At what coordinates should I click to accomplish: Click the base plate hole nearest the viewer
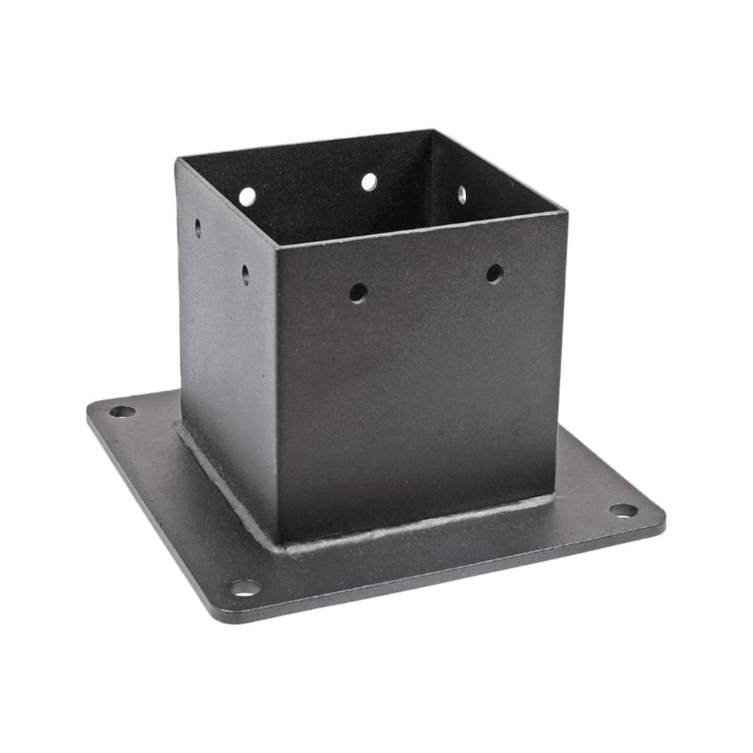coord(245,587)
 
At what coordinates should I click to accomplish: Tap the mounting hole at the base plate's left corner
coord(122,411)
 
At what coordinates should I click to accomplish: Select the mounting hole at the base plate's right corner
coord(623,511)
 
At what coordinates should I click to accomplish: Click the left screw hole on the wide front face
coord(358,292)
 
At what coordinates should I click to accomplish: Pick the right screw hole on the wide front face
coord(494,273)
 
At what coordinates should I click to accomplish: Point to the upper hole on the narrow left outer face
coord(198,227)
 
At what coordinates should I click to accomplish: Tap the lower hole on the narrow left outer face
coord(245,274)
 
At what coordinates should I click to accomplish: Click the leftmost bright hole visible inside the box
coord(247,197)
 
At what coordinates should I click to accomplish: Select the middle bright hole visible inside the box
coord(369,181)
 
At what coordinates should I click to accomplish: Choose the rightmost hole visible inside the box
coord(462,194)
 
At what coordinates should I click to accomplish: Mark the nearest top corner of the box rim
coord(276,246)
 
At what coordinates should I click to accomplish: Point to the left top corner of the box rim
coord(178,160)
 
